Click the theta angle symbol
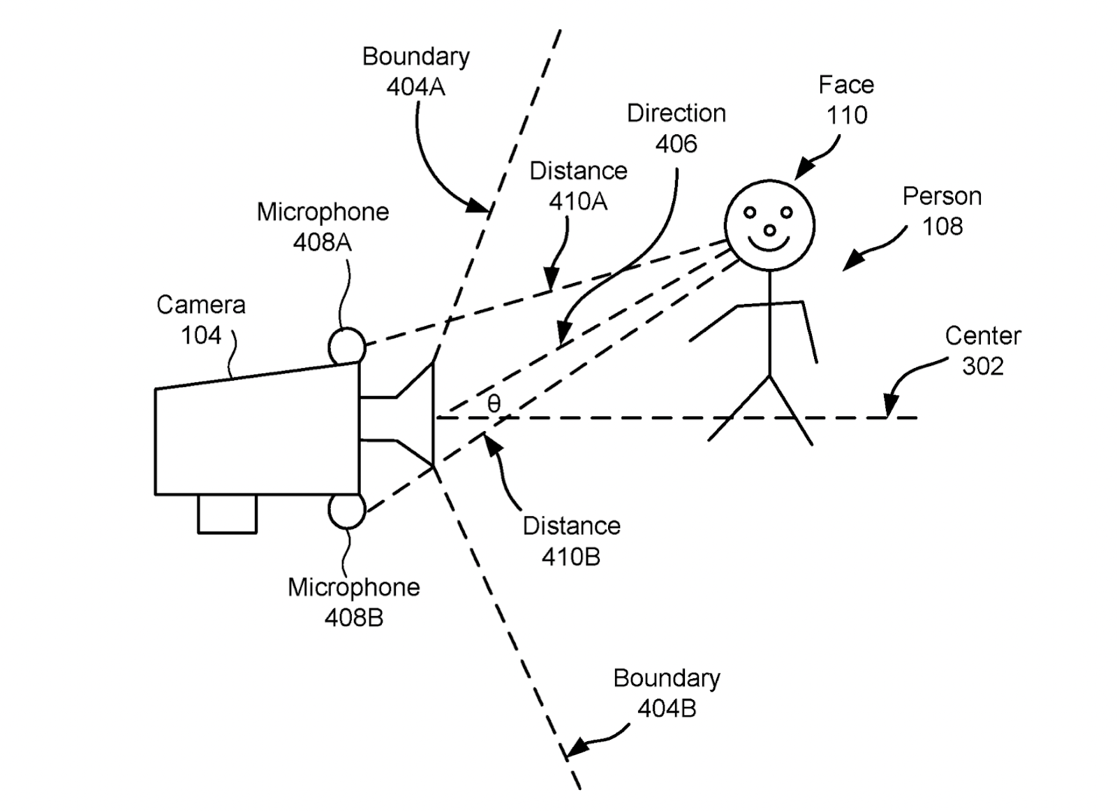pyautogui.click(x=494, y=404)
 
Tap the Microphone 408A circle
pyautogui.click(x=347, y=346)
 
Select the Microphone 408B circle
pyautogui.click(x=347, y=511)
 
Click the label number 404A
pyautogui.click(x=415, y=87)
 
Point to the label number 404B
pyautogui.click(x=667, y=708)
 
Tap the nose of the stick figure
pyautogui.click(x=769, y=230)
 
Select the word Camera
pyautogui.click(x=201, y=305)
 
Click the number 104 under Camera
pyautogui.click(x=201, y=335)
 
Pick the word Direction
pyautogui.click(x=676, y=113)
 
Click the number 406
pyautogui.click(x=676, y=144)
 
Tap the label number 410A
pyautogui.click(x=578, y=201)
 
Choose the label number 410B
pyautogui.click(x=571, y=557)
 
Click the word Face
pyautogui.click(x=846, y=85)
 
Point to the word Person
pyautogui.click(x=942, y=196)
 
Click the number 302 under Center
pyautogui.click(x=983, y=366)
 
